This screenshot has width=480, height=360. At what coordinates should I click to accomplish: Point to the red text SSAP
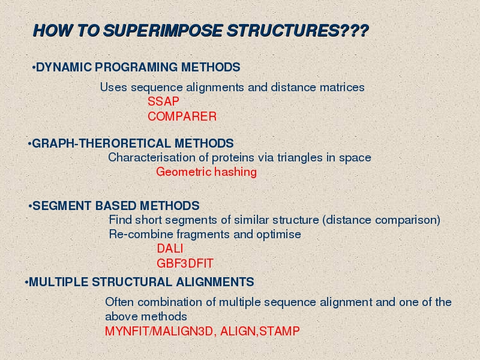pyautogui.click(x=163, y=101)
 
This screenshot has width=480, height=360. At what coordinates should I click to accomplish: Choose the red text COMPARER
pyautogui.click(x=182, y=116)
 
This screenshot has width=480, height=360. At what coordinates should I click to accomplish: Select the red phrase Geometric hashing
pyautogui.click(x=206, y=172)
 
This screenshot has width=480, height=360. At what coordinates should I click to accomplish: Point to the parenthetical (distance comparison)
pyautogui.click(x=381, y=220)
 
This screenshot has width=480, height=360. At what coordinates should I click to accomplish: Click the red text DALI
pyautogui.click(x=170, y=248)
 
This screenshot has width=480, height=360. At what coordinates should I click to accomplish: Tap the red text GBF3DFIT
pyautogui.click(x=185, y=263)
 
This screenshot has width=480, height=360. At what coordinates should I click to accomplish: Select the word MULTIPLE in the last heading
pyautogui.click(x=58, y=282)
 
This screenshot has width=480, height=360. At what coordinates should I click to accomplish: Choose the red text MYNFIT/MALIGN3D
pyautogui.click(x=159, y=331)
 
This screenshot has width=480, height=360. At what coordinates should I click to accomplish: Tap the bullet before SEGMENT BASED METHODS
pyautogui.click(x=30, y=206)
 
